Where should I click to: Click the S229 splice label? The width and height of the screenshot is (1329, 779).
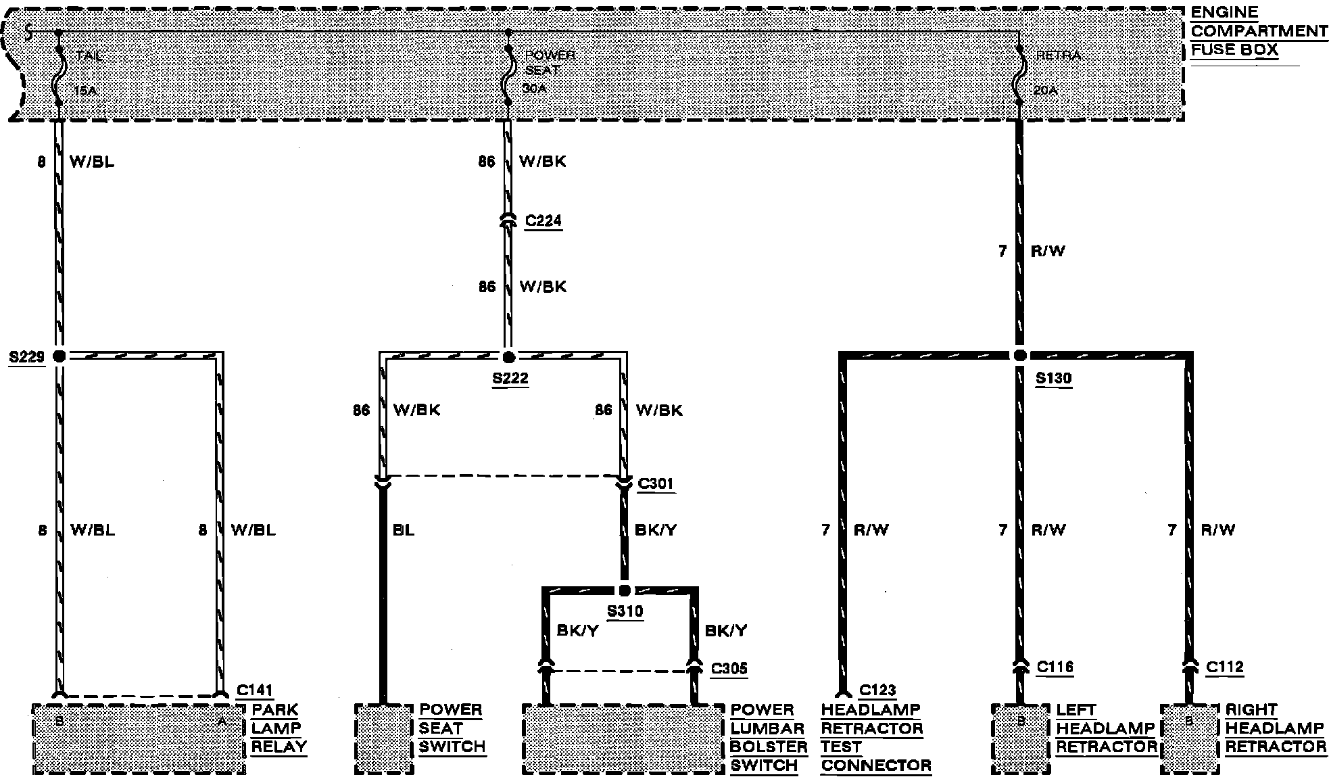point(26,356)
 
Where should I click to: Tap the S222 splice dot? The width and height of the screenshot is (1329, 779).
point(509,357)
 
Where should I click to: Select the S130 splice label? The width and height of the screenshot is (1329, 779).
point(1054,379)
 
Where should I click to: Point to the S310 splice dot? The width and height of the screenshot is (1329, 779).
point(625,590)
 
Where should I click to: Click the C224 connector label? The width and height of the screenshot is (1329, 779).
point(543,221)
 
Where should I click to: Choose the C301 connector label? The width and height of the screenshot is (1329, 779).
point(656,484)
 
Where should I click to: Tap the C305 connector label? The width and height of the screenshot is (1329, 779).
point(729,669)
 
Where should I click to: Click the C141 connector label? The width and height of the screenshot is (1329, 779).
point(255,690)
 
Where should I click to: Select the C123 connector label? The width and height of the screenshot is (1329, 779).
point(877,690)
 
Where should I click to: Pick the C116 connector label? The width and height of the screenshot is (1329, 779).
point(1055,667)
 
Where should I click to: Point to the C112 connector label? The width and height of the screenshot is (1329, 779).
point(1225,667)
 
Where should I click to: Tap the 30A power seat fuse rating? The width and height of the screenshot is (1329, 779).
point(534,88)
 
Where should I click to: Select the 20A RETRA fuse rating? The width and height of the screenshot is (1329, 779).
point(1045,89)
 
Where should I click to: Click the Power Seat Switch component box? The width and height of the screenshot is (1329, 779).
point(383,738)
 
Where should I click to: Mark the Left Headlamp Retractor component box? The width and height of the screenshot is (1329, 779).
point(1021,738)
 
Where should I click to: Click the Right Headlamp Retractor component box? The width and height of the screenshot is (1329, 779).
point(1190,738)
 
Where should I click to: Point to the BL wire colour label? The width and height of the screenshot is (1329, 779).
point(404,530)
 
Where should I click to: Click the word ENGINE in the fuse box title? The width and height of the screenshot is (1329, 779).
point(1224,12)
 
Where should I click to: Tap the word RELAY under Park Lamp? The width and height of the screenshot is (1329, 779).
point(279,747)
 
